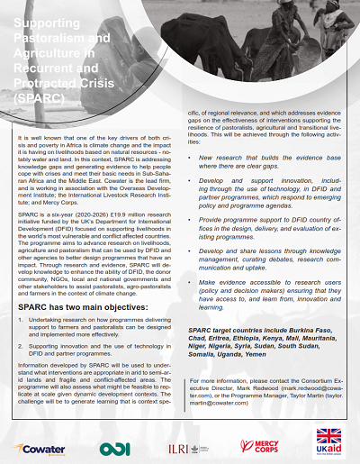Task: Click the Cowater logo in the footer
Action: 45,448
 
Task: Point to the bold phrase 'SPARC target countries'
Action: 230,332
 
